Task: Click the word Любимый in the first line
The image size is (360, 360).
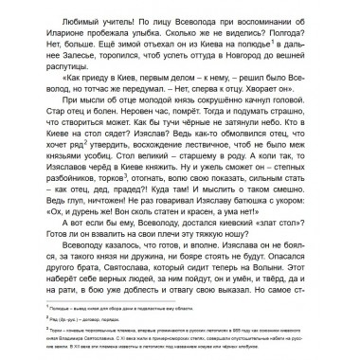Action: [x=58, y=17]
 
